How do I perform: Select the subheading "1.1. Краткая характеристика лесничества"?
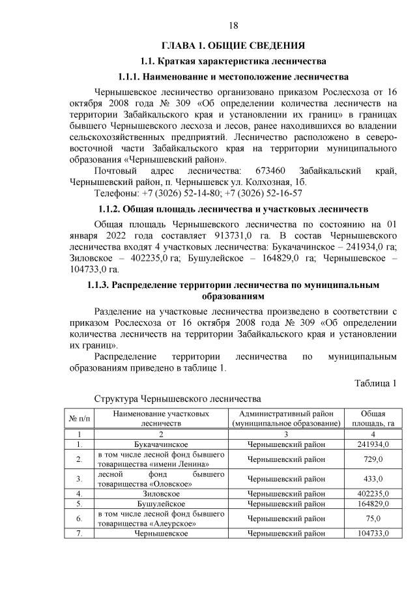tap(233, 61)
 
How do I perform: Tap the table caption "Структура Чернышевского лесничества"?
tap(177, 397)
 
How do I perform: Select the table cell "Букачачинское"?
tap(162, 444)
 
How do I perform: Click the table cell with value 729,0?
tap(372, 459)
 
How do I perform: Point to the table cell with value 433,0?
tap(372, 480)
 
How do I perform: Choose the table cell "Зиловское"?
tap(162, 494)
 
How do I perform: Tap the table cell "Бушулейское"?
tap(162, 504)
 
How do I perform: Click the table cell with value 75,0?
tap(372, 519)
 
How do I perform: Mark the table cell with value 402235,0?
tap(372, 494)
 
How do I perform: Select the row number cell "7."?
tap(79, 534)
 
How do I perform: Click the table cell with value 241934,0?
tap(372, 444)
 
